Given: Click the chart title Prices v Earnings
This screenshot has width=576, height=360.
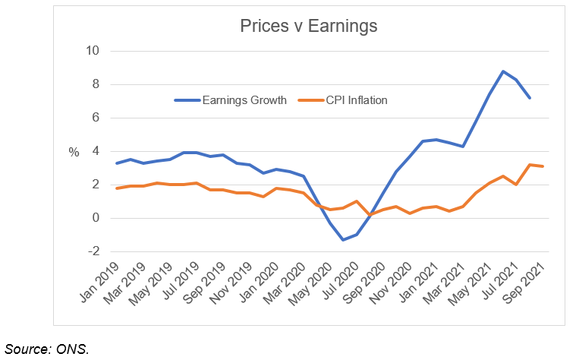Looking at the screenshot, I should [x=308, y=27].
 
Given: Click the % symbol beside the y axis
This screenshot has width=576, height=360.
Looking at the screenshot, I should [x=74, y=152].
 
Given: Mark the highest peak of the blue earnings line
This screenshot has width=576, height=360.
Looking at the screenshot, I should [x=503, y=71].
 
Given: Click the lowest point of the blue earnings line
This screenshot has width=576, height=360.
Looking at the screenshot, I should [x=343, y=240].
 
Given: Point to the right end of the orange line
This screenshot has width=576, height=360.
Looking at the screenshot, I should [x=543, y=166].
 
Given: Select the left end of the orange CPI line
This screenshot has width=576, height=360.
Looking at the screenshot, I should [x=115, y=188].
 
